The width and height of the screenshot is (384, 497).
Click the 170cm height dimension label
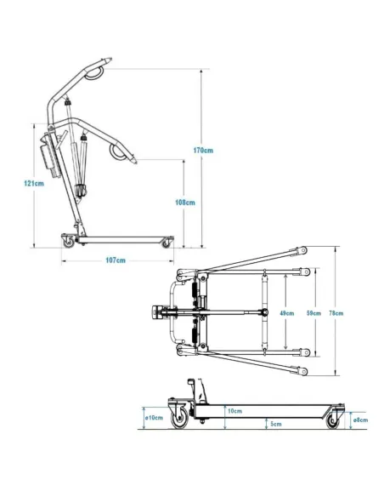203,151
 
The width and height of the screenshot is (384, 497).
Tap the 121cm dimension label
34,183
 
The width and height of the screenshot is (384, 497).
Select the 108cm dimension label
185,203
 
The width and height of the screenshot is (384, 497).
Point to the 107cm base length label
116,260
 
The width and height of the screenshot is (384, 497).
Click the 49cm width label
287,313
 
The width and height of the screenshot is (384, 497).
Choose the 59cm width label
313,313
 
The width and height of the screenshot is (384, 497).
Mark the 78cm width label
336,313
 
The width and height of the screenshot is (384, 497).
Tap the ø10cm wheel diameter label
154,418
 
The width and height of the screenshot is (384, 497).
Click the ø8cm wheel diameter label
360,420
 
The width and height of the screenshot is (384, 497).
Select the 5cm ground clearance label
276,424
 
